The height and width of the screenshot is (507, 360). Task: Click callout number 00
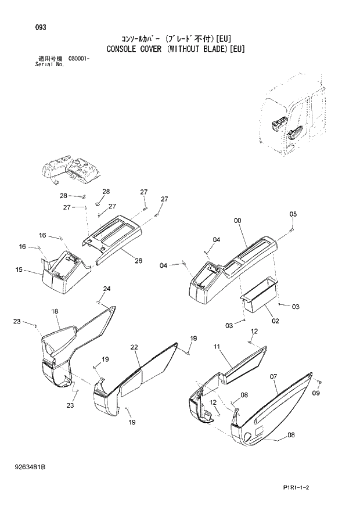[237, 220]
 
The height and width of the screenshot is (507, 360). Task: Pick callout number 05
[293, 214]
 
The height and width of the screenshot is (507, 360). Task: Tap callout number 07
[273, 377]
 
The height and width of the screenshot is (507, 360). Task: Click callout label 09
[316, 393]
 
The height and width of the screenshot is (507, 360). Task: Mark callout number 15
[19, 269]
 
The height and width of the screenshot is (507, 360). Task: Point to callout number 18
[55, 312]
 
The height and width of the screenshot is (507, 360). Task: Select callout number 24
[107, 289]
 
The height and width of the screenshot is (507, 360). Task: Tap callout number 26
[139, 261]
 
